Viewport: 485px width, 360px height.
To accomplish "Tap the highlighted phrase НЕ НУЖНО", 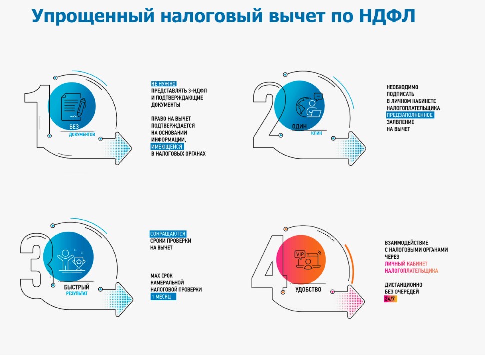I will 164,84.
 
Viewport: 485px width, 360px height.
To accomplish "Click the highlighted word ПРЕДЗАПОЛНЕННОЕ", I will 410,115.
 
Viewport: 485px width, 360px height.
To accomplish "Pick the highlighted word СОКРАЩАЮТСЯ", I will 168,234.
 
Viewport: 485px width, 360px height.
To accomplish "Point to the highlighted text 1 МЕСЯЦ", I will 163,296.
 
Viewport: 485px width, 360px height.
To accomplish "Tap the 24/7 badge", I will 390,299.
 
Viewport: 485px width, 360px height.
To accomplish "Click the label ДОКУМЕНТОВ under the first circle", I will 82,134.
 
